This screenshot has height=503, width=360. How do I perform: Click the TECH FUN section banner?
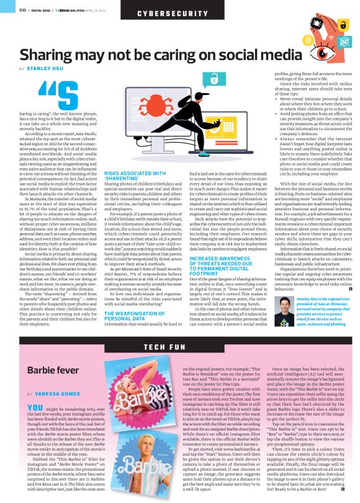tap(179, 347)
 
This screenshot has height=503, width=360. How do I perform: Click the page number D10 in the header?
tap(22, 10)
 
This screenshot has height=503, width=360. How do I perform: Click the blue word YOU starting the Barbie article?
tap(36, 407)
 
